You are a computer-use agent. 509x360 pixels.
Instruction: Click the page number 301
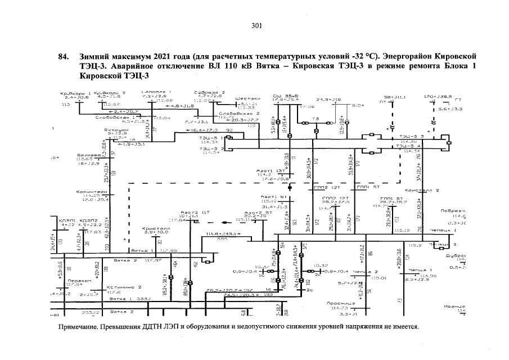pos(256,26)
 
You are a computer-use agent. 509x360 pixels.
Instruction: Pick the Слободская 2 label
pos(234,113)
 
